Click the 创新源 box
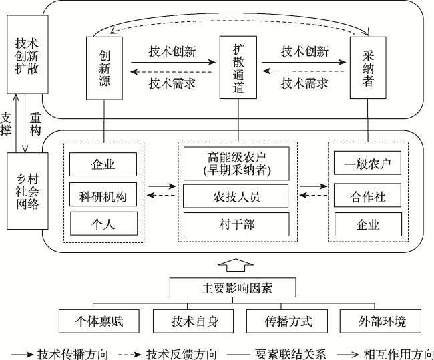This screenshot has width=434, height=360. click(104, 68)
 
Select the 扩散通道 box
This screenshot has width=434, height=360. click(238, 67)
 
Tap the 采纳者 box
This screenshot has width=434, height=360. click(368, 68)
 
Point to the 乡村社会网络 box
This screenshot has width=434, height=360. click(27, 191)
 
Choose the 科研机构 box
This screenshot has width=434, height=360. click(103, 194)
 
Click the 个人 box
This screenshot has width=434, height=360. click(103, 224)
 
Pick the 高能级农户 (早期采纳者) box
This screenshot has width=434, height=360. click(236, 164)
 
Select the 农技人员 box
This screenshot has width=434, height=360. click(236, 196)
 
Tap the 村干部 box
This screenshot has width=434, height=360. click(236, 224)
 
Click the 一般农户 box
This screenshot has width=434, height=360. click(367, 163)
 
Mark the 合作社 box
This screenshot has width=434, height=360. click(367, 195)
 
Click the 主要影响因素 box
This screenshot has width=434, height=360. click(232, 287)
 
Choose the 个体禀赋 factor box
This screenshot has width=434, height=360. click(99, 321)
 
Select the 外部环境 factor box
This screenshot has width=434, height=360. click(381, 321)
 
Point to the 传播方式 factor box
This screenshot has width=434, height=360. click(287, 321)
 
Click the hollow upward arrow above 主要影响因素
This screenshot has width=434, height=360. click(236, 266)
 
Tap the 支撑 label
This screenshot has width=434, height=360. click(5, 124)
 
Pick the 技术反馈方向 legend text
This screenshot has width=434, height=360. click(182, 354)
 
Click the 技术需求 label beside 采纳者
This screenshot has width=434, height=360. click(304, 83)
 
